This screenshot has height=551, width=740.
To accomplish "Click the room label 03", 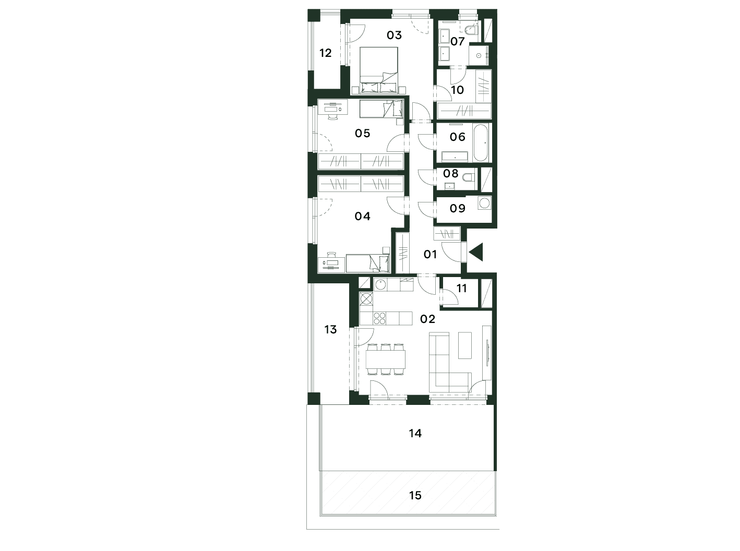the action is [x=394, y=35].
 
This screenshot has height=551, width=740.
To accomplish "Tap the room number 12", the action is [x=326, y=53].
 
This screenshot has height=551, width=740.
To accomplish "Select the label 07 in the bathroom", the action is [x=458, y=41].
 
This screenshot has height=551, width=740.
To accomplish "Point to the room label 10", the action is [x=458, y=90].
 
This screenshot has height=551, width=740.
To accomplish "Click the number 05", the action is [x=362, y=133].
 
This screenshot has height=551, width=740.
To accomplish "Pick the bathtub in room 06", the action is [x=481, y=142].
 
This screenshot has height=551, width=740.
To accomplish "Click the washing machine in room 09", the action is [x=484, y=203].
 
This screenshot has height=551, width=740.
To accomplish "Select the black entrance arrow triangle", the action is [x=476, y=252].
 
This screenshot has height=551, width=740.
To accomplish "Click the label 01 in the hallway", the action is [x=430, y=254].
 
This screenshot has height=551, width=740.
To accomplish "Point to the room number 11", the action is [x=462, y=288].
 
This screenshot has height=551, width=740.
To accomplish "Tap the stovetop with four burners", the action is [x=379, y=318].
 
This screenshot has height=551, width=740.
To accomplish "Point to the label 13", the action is [x=330, y=329].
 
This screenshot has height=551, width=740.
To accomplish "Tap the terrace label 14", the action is [x=415, y=433].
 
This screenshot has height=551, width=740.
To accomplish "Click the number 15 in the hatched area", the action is [x=415, y=495].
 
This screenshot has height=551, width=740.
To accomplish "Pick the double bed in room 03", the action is [x=379, y=70].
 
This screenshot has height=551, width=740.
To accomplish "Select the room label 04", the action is [x=362, y=216].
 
